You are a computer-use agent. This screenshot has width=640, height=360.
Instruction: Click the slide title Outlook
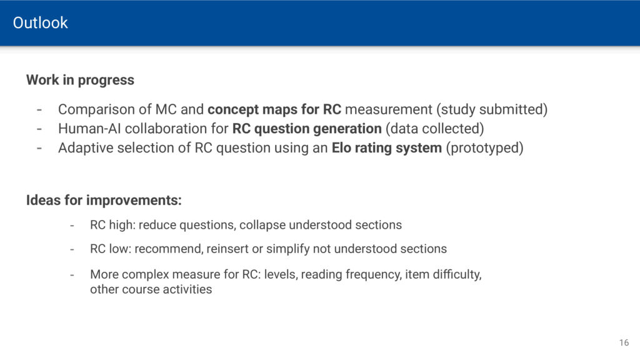coord(40,23)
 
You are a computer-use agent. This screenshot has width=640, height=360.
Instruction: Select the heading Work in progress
coord(80,80)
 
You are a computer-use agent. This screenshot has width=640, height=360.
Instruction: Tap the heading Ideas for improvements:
coord(104,201)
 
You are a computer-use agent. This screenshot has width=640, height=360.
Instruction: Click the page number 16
coord(624,343)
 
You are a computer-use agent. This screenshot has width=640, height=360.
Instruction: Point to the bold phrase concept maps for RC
coord(274,109)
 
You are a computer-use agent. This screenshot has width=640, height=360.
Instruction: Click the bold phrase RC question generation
coord(307,129)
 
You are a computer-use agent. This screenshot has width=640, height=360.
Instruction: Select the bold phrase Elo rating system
coord(386,147)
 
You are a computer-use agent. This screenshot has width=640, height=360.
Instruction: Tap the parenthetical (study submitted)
coord(492,109)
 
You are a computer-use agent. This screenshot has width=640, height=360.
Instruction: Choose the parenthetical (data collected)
coord(435,129)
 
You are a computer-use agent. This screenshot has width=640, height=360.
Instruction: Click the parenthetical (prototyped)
coord(484,147)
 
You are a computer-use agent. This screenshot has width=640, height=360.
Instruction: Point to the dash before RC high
coord(72,226)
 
